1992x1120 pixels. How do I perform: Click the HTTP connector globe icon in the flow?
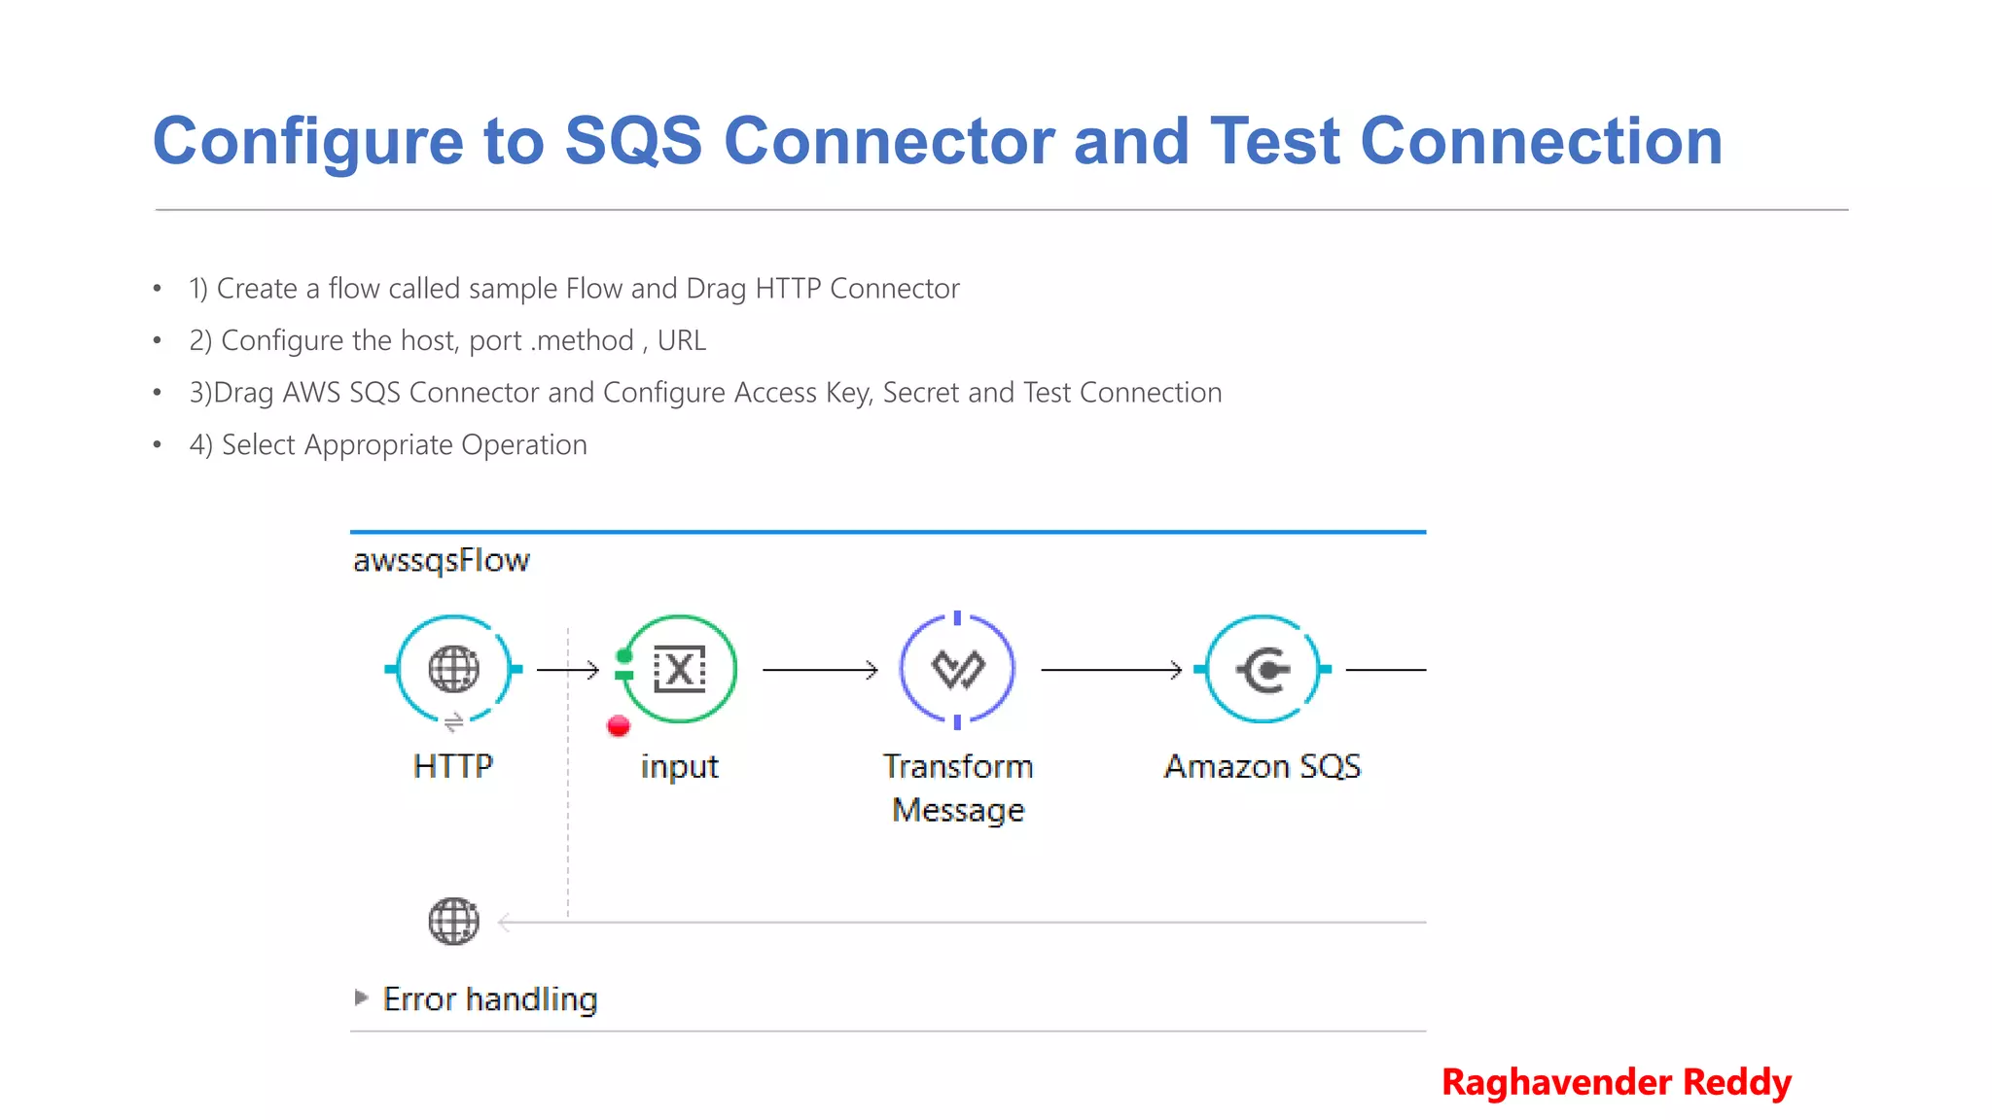pyautogui.click(x=453, y=669)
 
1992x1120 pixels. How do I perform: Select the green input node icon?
pyautogui.click(x=679, y=669)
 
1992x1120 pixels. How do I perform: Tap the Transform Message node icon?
pyautogui.click(x=958, y=669)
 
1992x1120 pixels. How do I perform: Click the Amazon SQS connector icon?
pyautogui.click(x=1263, y=669)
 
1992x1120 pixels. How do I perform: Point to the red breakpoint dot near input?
pyautogui.click(x=619, y=725)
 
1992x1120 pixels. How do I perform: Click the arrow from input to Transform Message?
pyautogui.click(x=820, y=669)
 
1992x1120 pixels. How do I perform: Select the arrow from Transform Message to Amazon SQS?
pyautogui.click(x=1111, y=669)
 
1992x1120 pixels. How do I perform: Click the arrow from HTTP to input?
pyautogui.click(x=568, y=669)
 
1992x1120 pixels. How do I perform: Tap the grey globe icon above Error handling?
pyautogui.click(x=453, y=921)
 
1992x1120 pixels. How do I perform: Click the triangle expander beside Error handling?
pyautogui.click(x=361, y=997)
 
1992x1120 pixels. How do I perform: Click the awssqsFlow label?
pyautogui.click(x=441, y=560)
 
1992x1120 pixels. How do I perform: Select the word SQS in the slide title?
pyautogui.click(x=633, y=141)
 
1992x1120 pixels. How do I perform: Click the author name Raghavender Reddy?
pyautogui.click(x=1616, y=1081)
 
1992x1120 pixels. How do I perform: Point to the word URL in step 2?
pyautogui.click(x=681, y=340)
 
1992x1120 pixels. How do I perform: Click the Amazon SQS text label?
pyautogui.click(x=1263, y=766)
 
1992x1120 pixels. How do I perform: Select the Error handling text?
pyautogui.click(x=490, y=998)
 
